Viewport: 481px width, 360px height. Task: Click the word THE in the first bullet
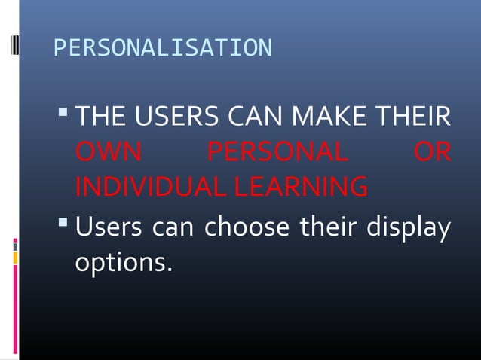101,119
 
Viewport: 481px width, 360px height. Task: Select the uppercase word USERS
176,119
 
